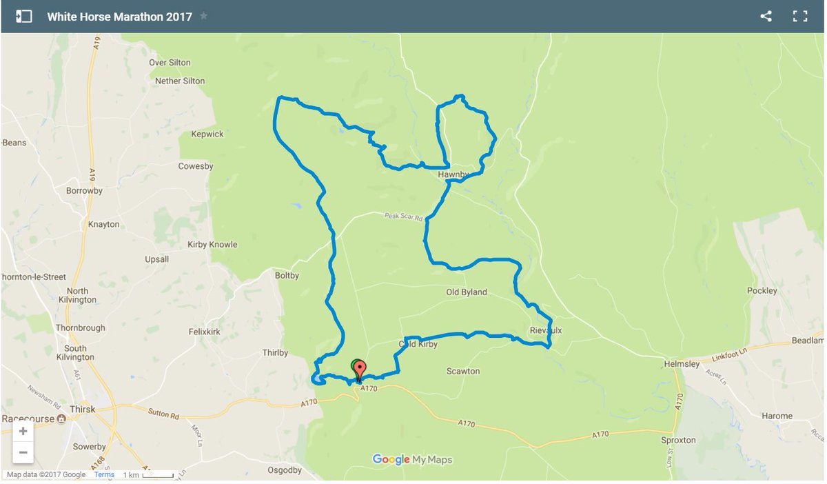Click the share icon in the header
[766, 17]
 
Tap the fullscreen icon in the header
[800, 17]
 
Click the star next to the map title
[203, 16]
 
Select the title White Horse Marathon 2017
[119, 17]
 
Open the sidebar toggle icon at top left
[23, 17]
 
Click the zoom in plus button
[23, 432]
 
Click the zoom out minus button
[23, 452]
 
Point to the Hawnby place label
[453, 175]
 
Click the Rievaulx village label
[546, 330]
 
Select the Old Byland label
[467, 292]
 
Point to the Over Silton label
[170, 62]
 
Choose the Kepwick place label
[207, 134]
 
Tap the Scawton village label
[463, 371]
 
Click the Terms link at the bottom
[104, 475]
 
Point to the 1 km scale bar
[148, 475]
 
